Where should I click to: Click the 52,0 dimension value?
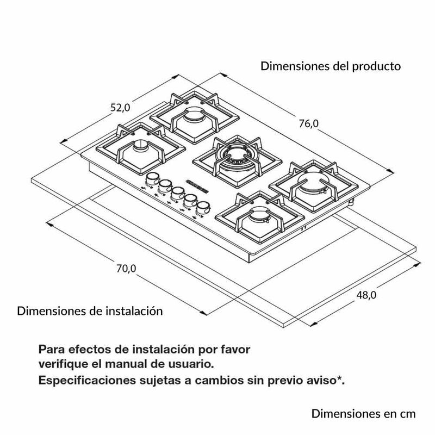121,108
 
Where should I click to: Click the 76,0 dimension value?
308,124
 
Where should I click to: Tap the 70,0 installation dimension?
125,268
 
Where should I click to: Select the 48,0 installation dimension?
366,295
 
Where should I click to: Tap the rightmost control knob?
204,208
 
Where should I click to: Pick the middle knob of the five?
178,192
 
